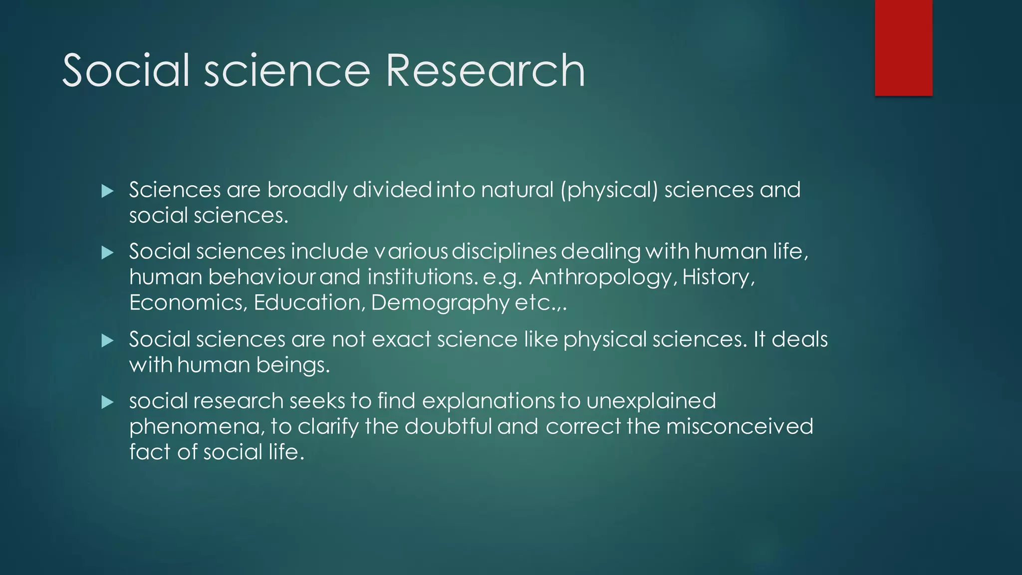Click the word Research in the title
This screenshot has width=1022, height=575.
[x=485, y=71]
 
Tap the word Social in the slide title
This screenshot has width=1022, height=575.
[x=126, y=71]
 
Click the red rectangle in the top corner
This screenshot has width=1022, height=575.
[x=903, y=47]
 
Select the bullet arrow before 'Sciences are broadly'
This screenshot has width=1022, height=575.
[x=107, y=191]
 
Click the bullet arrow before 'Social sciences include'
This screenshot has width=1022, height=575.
[x=107, y=253]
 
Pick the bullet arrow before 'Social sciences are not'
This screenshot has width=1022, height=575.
[x=107, y=341]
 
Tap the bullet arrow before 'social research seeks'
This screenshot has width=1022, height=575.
[x=107, y=402]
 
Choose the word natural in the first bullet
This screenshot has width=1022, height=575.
[x=517, y=190]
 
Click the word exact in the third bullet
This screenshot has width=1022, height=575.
[x=401, y=340]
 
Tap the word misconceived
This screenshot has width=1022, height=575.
[x=740, y=427]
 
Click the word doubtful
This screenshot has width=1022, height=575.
[x=448, y=427]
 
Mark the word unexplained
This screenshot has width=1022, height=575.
[x=651, y=401]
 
